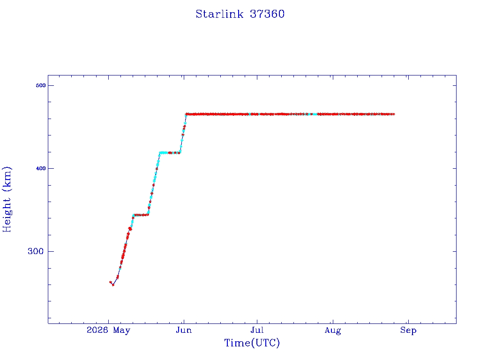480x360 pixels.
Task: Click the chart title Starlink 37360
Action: click(240, 14)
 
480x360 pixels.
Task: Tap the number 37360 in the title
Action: click(267, 14)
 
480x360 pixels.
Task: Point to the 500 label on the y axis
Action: click(41, 85)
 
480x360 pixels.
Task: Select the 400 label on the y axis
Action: click(41, 168)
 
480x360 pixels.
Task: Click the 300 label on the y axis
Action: click(36, 251)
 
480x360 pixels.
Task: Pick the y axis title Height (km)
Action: click(7, 199)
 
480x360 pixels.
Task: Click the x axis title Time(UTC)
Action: click(252, 343)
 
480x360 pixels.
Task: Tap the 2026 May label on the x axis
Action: click(108, 330)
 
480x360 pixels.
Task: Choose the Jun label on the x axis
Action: click(184, 330)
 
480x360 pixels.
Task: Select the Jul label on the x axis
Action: click(257, 330)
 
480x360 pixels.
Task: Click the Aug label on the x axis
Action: click(333, 330)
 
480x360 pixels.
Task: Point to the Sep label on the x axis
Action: click(408, 330)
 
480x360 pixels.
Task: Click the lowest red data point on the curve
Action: click(113, 285)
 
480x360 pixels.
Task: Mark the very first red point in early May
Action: click(111, 282)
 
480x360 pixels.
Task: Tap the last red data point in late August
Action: click(393, 114)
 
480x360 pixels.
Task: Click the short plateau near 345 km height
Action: click(141, 215)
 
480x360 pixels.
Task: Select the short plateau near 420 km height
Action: click(170, 153)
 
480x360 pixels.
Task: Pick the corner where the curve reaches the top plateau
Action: click(186, 114)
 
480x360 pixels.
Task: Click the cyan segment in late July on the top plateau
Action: click(315, 114)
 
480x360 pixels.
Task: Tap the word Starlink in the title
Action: click(219, 14)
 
